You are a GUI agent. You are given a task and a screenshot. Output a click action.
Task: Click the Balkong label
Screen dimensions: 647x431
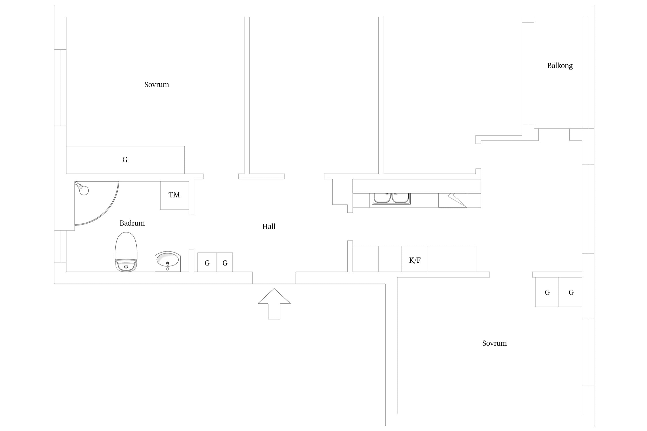560,66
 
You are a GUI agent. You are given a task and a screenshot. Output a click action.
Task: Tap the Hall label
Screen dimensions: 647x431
269,226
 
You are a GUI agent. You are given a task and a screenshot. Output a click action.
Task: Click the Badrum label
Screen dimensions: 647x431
132,223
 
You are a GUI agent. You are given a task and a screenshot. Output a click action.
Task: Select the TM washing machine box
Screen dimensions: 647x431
175,195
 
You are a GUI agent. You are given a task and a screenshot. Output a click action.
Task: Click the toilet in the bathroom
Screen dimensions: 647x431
126,252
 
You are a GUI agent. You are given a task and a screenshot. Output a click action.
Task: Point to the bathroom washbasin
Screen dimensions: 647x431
167,261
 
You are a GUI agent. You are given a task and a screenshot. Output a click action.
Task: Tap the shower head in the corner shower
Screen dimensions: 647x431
82,188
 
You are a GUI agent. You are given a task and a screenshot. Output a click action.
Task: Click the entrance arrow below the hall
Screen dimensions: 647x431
274,304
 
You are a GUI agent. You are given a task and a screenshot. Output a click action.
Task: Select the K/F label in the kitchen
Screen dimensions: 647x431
415,260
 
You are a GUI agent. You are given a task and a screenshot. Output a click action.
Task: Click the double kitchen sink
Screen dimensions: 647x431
391,199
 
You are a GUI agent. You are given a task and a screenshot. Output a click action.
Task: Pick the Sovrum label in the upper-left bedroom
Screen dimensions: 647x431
156,84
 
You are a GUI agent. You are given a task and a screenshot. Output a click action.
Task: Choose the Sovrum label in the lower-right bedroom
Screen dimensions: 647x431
494,343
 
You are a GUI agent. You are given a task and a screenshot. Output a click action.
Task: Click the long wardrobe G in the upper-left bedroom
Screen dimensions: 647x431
125,160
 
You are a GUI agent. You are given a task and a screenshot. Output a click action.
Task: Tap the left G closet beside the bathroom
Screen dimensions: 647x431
207,262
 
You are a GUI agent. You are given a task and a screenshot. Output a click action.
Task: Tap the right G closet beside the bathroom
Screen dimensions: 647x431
225,262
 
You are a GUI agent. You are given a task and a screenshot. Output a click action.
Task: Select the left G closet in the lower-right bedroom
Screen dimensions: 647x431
547,292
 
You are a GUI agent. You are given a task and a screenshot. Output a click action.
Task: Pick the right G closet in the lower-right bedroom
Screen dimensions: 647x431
571,292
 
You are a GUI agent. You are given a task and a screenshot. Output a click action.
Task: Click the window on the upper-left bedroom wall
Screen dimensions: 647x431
60,88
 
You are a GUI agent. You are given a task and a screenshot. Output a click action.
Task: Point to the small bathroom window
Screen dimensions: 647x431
60,246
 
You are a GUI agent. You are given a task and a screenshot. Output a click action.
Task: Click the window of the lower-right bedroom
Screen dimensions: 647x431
588,352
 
